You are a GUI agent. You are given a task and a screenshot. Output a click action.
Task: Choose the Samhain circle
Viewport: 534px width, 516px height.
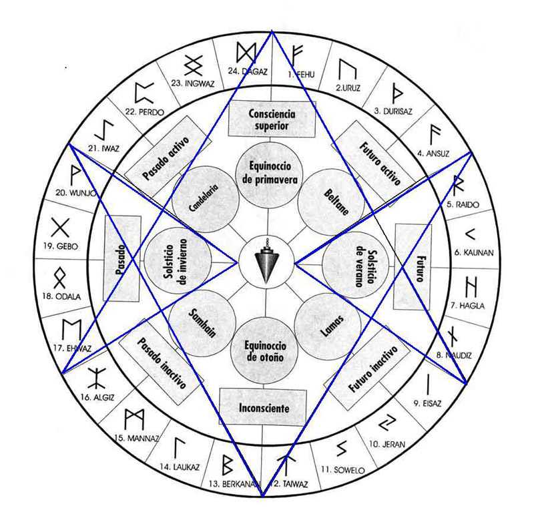click(x=202, y=324)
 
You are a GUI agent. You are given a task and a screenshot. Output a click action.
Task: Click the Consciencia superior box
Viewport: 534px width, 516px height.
click(x=271, y=119)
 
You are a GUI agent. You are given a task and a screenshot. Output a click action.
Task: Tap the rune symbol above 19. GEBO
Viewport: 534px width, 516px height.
click(x=61, y=227)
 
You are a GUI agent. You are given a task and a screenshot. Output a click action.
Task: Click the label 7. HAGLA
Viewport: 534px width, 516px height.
click(x=472, y=306)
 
